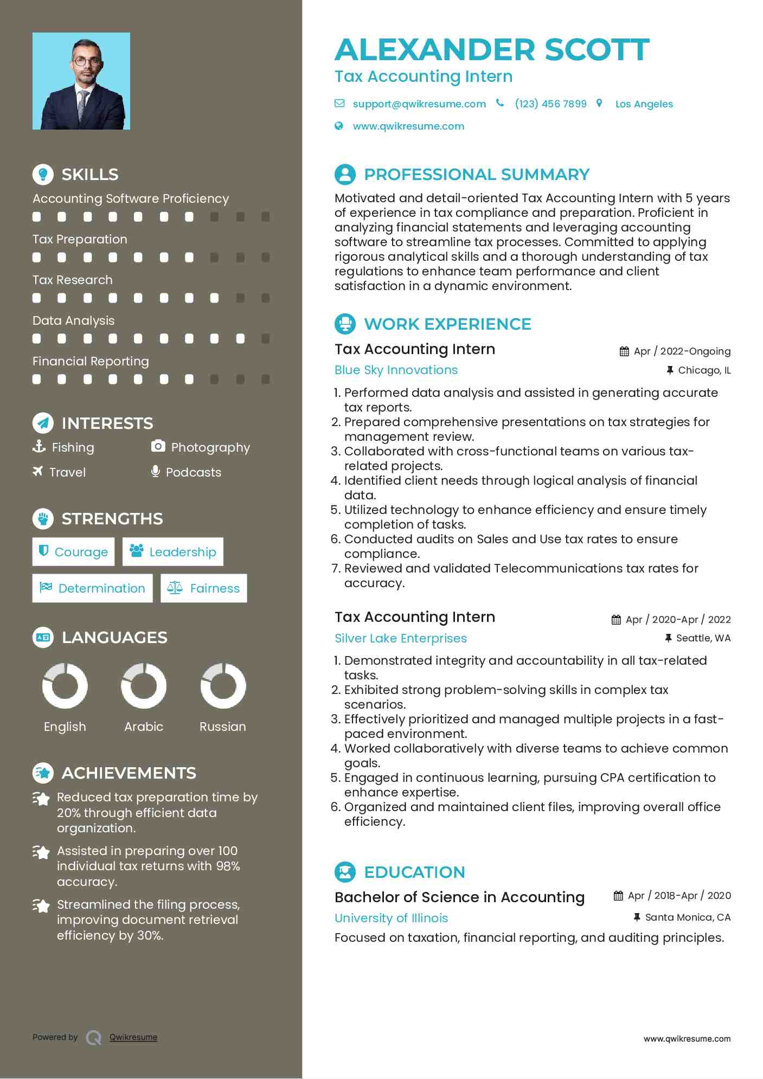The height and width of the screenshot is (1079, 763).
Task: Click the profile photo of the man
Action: pos(81,81)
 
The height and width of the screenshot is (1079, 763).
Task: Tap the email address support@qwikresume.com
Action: pos(419,104)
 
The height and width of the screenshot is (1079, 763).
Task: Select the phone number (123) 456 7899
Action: pos(550,104)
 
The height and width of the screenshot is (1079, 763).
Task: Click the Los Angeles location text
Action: pos(644,104)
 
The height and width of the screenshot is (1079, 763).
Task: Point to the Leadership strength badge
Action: pos(173,552)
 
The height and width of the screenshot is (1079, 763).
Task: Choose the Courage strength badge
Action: pos(74,552)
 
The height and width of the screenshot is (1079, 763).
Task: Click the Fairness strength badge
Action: pos(204,588)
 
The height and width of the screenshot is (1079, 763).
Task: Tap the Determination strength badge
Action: pos(93,588)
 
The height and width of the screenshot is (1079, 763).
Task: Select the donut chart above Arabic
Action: pos(144,686)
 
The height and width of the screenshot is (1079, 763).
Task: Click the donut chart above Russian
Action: pos(223,686)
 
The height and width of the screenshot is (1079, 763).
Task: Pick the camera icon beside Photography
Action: pos(158,446)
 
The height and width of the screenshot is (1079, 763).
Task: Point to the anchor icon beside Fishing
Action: pos(39,446)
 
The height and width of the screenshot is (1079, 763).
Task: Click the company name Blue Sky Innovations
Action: pos(396,370)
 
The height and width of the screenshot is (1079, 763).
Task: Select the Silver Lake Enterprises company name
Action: pos(400,639)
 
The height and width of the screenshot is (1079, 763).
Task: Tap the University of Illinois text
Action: pos(391,919)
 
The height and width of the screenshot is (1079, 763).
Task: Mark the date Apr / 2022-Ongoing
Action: pos(682,351)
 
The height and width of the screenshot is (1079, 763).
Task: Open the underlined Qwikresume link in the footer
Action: pos(133,1037)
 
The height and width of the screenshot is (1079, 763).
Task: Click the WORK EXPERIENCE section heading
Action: pos(447,324)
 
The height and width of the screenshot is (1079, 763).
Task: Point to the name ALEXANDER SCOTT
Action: pos(492,50)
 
